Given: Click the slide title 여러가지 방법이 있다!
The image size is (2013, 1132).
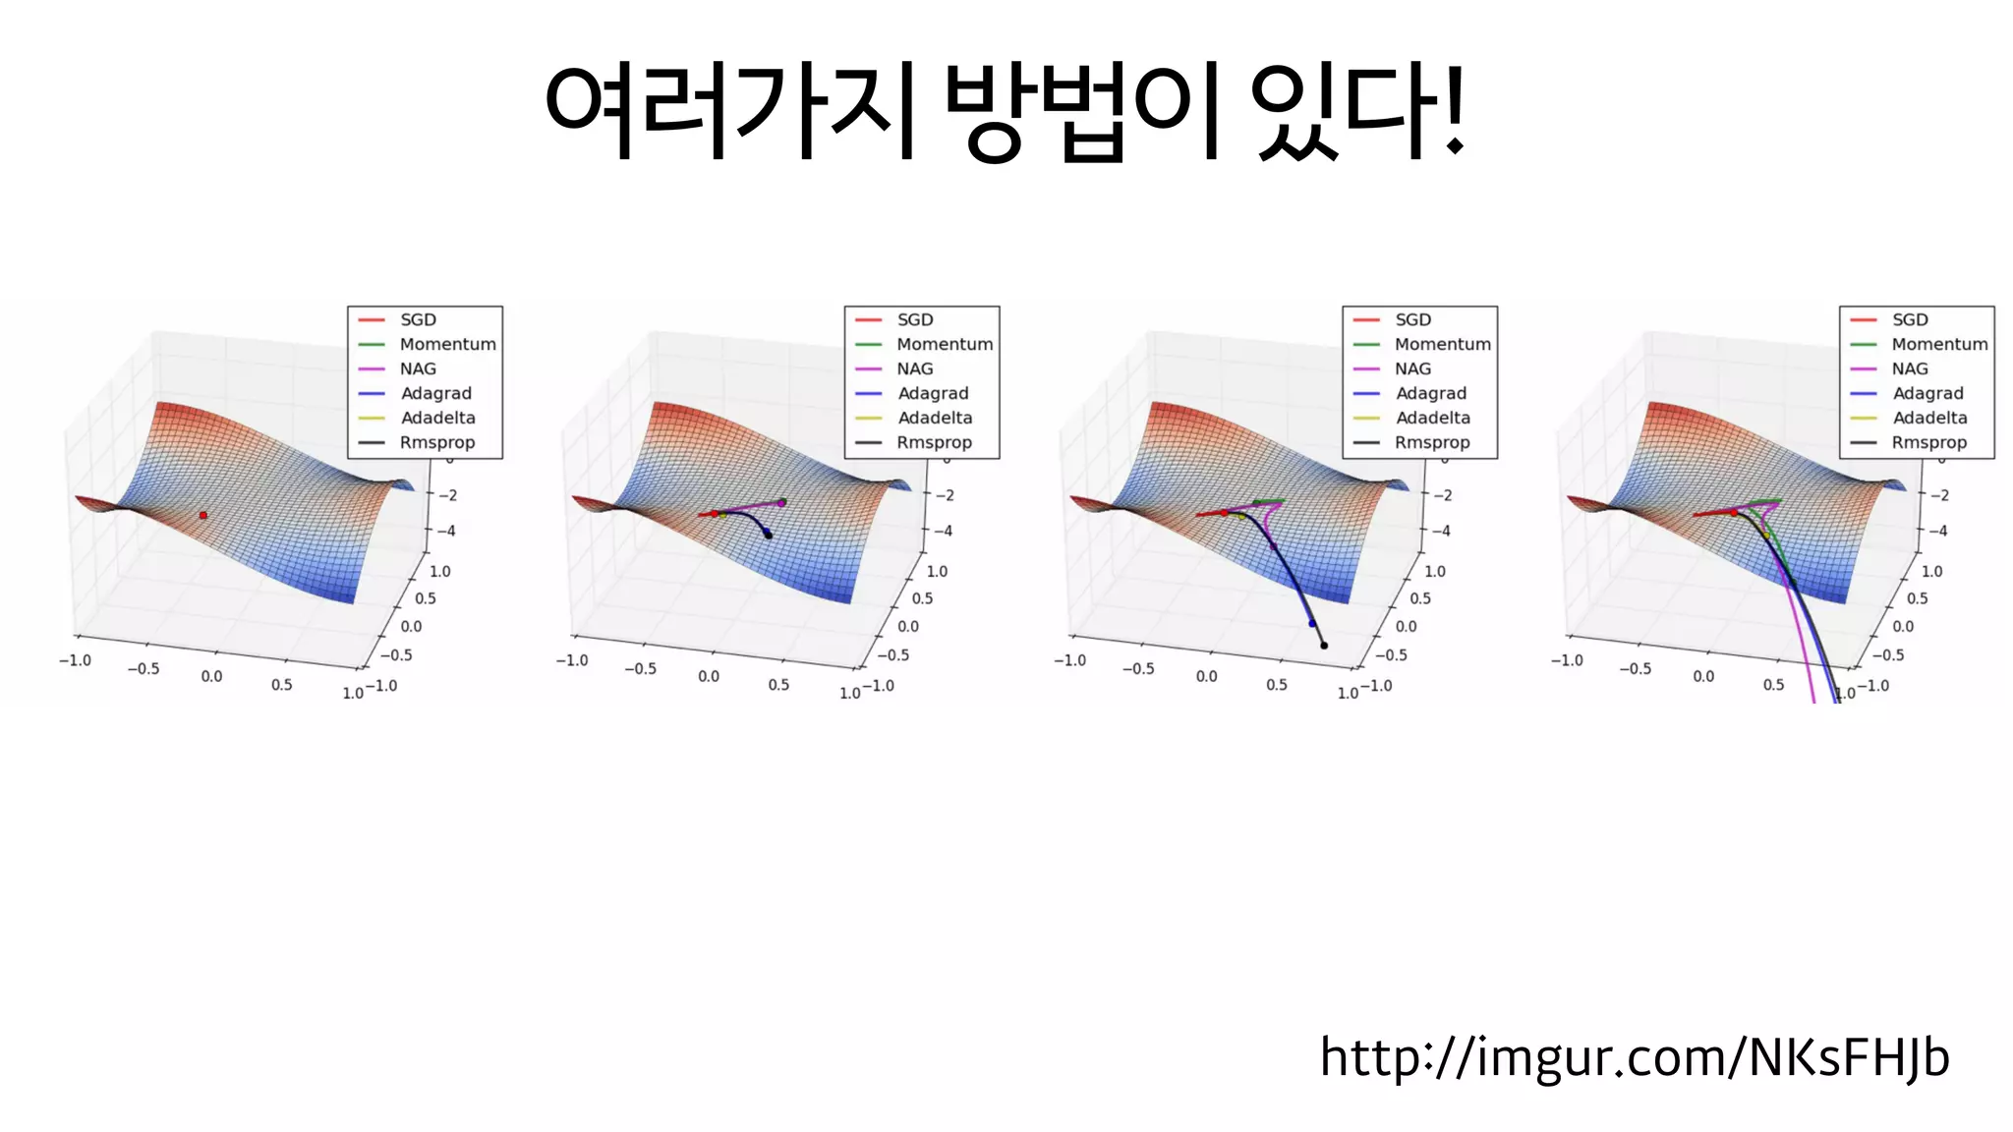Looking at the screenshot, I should point(1005,110).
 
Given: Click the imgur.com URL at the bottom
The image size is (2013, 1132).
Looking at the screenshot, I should point(1634,1057).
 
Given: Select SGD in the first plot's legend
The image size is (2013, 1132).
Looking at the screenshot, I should point(418,319).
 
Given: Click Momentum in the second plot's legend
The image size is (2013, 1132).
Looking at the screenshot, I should point(944,344).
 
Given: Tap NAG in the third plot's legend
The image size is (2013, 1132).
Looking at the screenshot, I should point(1412,368).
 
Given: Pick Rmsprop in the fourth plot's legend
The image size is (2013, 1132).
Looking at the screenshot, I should point(1928,442).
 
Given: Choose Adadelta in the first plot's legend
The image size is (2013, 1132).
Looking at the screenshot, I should point(437,418).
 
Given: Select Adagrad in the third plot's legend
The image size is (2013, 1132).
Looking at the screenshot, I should point(1430,393).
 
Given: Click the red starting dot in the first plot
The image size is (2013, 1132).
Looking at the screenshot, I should point(203,515).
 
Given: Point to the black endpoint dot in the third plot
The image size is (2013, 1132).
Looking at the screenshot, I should point(1324,646).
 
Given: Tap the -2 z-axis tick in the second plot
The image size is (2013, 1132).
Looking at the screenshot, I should point(944,495).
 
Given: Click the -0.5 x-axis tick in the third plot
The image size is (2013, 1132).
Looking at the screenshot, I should point(1138,668).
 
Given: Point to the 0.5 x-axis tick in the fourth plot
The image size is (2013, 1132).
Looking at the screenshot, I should point(1773,684).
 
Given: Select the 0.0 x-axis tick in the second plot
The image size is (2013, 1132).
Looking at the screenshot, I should point(709,676).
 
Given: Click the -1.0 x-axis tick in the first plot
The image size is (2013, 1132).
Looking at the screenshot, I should point(75,660).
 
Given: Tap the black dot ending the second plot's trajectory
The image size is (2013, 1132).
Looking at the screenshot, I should point(769,535).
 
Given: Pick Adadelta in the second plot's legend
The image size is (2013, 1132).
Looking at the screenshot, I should point(935,418).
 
